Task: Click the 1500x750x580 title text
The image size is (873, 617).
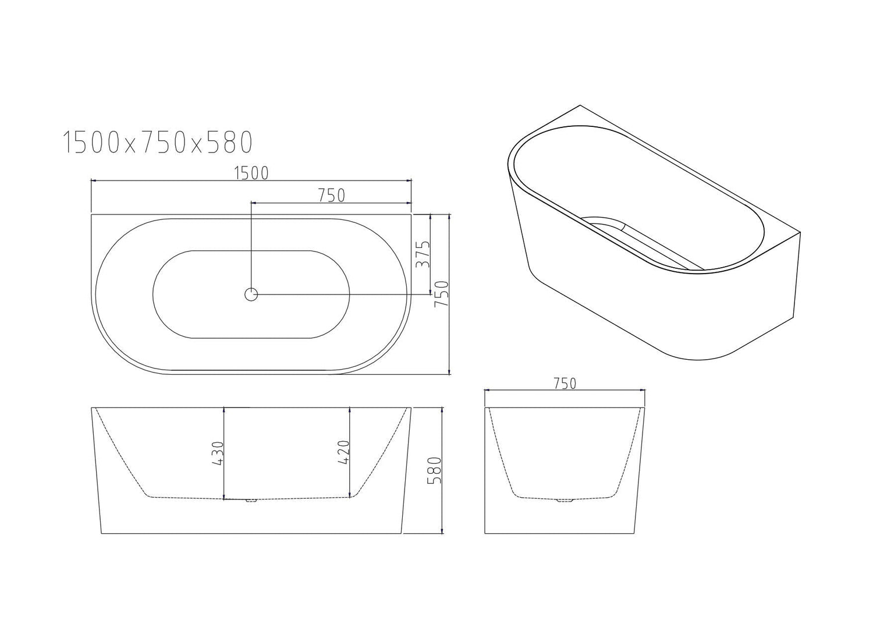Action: [x=157, y=141]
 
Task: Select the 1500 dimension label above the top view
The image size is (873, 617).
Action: [x=251, y=173]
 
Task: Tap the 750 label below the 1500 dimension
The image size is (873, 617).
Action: [x=331, y=196]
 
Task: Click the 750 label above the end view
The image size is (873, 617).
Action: [x=564, y=384]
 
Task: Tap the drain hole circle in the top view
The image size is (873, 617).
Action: [x=251, y=295]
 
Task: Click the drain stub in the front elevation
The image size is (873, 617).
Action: [x=251, y=501]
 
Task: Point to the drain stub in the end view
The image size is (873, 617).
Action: [x=565, y=500]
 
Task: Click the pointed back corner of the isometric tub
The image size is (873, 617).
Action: [x=580, y=106]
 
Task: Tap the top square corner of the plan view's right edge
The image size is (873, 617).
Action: [x=411, y=215]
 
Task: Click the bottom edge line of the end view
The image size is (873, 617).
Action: [x=565, y=533]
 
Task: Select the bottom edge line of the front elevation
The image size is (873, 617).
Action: [x=251, y=533]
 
